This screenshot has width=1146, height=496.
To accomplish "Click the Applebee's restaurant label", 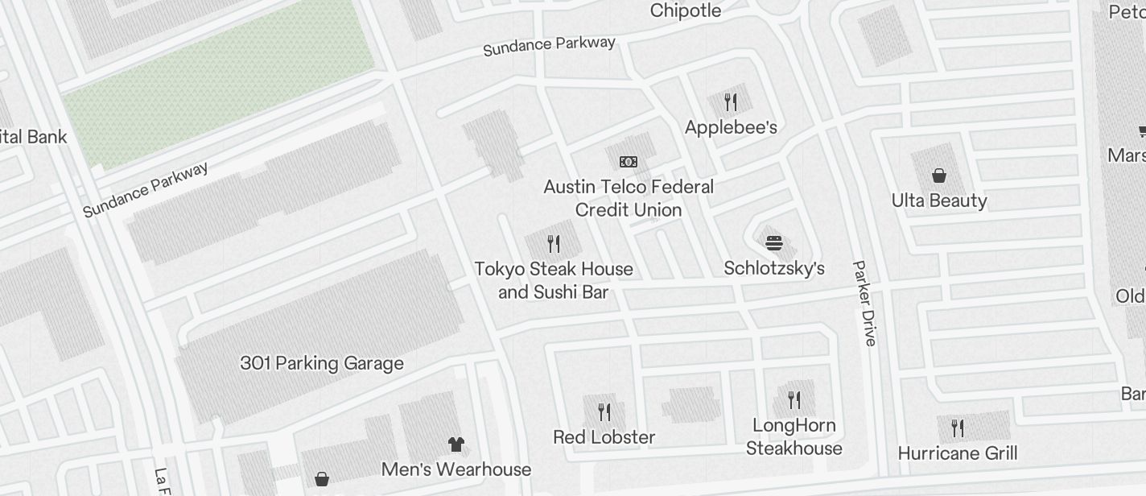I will click(x=730, y=127).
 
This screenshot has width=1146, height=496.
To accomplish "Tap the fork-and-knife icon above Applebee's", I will click(x=730, y=102).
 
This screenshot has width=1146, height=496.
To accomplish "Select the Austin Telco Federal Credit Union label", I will click(x=629, y=198).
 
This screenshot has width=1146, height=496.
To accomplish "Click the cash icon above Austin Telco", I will click(x=629, y=162).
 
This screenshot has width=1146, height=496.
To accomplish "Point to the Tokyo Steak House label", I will click(x=554, y=280).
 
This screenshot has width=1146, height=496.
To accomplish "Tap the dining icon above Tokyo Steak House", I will click(x=554, y=243).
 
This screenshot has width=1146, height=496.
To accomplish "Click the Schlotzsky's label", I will click(x=774, y=268).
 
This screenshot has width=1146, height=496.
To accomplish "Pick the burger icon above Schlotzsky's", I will click(x=774, y=242).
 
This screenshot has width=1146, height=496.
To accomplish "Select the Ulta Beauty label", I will click(x=939, y=200).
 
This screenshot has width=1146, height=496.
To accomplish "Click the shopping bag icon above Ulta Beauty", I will click(x=938, y=176).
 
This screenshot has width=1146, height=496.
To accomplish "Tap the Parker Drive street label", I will click(x=864, y=303).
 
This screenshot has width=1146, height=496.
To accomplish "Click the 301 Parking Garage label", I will click(x=322, y=363).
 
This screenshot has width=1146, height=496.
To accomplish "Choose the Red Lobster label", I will click(x=604, y=437).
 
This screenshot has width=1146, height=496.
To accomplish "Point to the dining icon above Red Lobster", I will click(x=604, y=412).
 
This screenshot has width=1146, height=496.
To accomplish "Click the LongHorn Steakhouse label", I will click(x=794, y=436).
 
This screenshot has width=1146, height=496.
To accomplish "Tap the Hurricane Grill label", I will click(x=958, y=453).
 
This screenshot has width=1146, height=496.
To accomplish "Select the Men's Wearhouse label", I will click(x=456, y=469).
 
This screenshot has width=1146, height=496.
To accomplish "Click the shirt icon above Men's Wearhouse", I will click(x=456, y=444).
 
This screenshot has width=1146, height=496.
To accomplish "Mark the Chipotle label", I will click(x=686, y=10).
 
